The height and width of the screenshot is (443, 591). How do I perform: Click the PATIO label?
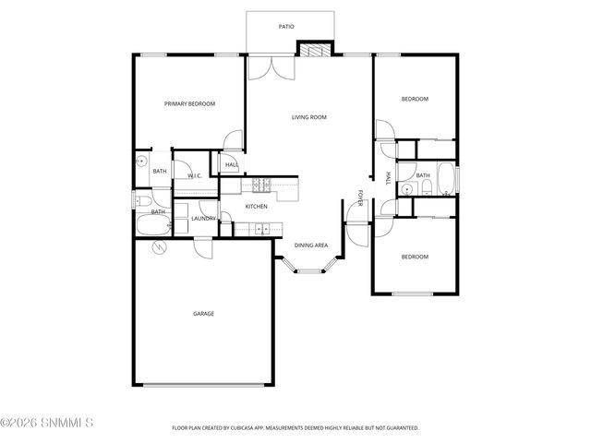tap(286, 27)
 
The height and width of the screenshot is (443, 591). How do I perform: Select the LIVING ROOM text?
tap(309, 117)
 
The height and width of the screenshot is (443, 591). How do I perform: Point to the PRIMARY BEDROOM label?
tap(189, 104)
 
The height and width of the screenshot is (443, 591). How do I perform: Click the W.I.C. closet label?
tap(195, 175)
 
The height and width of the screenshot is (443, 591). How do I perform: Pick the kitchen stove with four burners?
tap(259, 185)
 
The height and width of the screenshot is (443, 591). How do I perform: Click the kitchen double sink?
tap(261, 229)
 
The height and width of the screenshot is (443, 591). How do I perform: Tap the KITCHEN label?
tap(256, 206)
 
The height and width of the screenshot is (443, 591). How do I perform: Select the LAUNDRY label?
tap(203, 218)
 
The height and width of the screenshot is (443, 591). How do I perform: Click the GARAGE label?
tap(203, 314)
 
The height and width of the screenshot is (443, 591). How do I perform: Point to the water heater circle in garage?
tap(158, 248)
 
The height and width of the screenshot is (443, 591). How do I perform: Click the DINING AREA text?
tap(311, 245)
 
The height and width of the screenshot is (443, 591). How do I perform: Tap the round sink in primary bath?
tap(141, 161)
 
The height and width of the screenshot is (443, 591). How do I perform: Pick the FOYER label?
tap(361, 198)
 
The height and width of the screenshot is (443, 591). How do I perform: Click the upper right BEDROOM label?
tap(415, 99)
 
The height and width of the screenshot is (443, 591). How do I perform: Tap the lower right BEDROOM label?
tap(415, 257)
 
